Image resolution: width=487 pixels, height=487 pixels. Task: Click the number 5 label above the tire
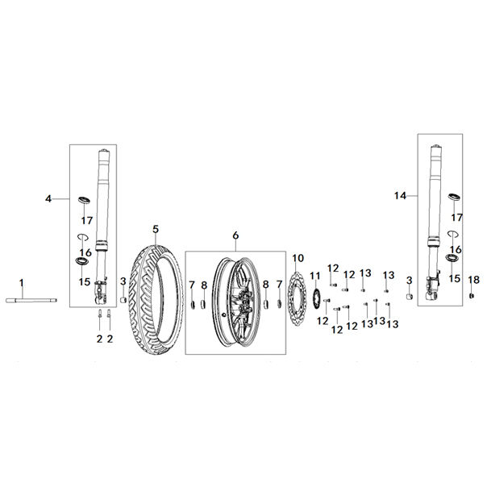point(156,228)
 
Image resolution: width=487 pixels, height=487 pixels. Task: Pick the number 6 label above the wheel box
point(235,235)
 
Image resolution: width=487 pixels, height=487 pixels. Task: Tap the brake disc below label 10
point(296,302)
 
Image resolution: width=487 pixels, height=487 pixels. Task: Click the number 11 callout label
point(315,277)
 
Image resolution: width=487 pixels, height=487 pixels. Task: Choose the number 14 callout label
point(399,196)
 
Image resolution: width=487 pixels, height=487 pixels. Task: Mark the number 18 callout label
point(474,279)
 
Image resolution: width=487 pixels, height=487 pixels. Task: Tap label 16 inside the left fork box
point(85,252)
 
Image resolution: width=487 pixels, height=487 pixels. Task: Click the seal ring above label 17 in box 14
point(455,198)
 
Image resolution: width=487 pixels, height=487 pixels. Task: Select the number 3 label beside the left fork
point(123,281)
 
